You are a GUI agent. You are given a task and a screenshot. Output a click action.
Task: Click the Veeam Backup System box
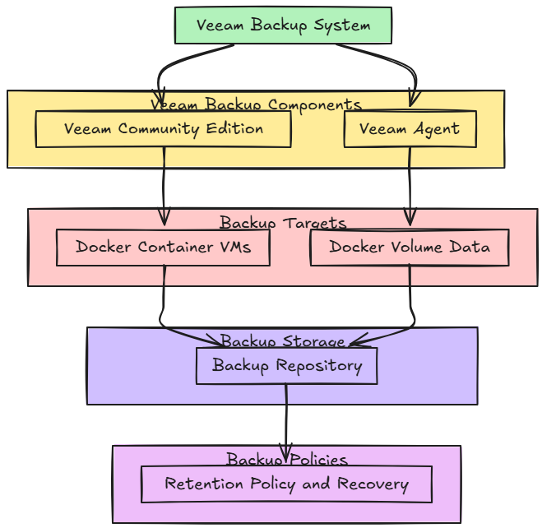point(283,25)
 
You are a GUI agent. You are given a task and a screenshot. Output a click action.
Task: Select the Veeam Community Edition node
point(163,129)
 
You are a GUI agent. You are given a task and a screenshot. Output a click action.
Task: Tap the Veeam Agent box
point(410,129)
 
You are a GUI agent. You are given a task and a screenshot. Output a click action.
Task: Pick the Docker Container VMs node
point(163,247)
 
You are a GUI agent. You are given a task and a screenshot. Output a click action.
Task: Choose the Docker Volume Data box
point(410,247)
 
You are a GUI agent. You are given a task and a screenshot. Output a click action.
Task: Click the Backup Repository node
point(286,365)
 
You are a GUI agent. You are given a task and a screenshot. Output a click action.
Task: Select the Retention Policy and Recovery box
point(286,484)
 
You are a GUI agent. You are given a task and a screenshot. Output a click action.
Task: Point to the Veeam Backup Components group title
point(256,104)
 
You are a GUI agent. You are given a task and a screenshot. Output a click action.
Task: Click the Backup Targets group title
point(283,223)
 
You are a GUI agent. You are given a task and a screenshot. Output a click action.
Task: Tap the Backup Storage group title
point(282,340)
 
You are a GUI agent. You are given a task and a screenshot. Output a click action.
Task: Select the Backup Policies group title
point(286,459)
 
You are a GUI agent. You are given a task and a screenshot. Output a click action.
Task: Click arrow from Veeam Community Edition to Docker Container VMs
point(164,185)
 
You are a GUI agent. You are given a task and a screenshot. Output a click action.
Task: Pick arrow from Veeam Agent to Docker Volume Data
point(410,185)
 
